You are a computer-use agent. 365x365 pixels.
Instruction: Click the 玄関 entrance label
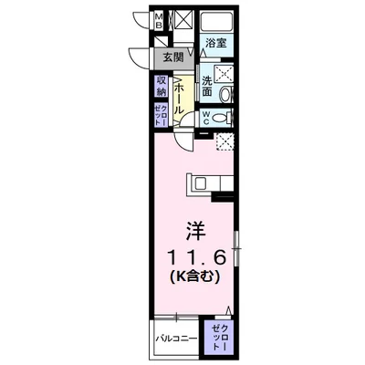coord(173,57)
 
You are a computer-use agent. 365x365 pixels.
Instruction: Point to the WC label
coord(207,117)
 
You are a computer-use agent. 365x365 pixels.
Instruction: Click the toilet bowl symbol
coord(224,117)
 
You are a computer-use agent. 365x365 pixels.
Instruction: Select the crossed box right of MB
coord(180,20)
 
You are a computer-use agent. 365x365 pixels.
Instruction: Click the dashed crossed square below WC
coord(223,141)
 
